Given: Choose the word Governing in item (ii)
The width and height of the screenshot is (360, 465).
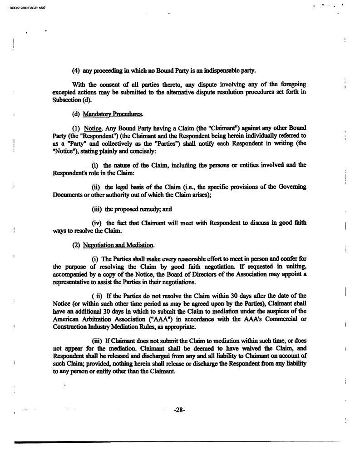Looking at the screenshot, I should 291,187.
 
